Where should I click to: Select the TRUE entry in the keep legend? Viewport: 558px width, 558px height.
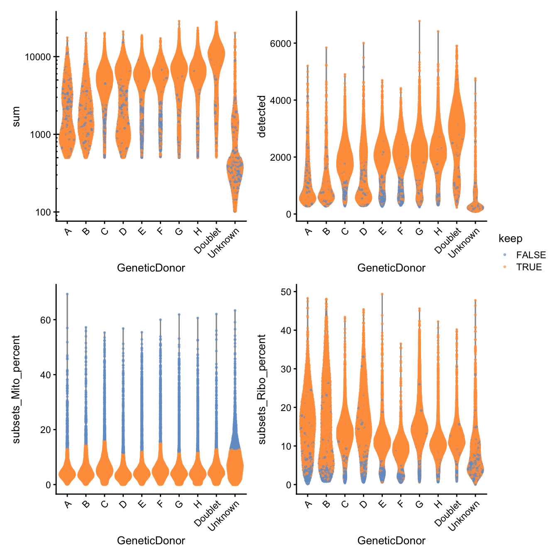point(529,267)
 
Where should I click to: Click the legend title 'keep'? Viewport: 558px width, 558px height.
point(510,239)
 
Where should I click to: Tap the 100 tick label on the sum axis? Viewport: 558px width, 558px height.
point(43,212)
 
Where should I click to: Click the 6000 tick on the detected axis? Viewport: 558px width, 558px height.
point(281,44)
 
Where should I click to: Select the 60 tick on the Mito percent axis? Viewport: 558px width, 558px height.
point(45,320)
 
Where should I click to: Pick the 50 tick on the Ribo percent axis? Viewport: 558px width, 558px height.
point(286,292)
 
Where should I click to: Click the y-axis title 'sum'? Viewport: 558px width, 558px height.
point(16,117)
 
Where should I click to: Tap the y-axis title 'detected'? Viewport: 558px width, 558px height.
point(261,116)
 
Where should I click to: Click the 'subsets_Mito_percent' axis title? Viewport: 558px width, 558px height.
point(16,389)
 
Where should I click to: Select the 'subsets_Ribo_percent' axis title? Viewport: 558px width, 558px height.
point(261,389)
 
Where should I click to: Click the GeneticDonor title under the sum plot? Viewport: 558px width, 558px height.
point(151,268)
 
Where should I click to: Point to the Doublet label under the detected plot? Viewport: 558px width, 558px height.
point(449,241)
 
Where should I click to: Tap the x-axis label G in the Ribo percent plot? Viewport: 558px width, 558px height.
point(419,504)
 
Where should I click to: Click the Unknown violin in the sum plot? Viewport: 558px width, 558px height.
point(235,166)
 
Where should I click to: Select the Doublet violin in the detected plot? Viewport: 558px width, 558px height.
point(457,125)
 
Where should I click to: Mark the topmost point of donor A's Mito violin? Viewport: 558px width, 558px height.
point(67,294)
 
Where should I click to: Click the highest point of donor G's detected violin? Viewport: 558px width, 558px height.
point(419,21)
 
